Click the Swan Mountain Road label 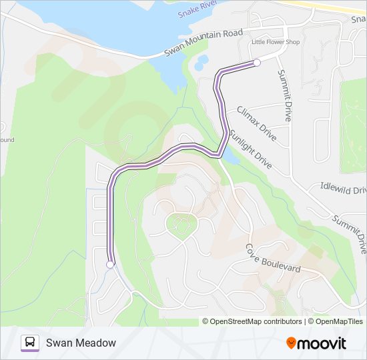[x=204, y=43]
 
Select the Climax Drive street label [x=256, y=123]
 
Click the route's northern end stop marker [x=257, y=63]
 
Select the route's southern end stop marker [x=110, y=265]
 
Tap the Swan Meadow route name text [x=81, y=343]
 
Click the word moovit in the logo [x=322, y=343]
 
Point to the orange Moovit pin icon [x=291, y=343]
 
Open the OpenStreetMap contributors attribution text [x=253, y=321]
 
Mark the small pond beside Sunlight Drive [x=229, y=156]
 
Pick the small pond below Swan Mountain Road [x=201, y=62]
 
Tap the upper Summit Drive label [x=284, y=95]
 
